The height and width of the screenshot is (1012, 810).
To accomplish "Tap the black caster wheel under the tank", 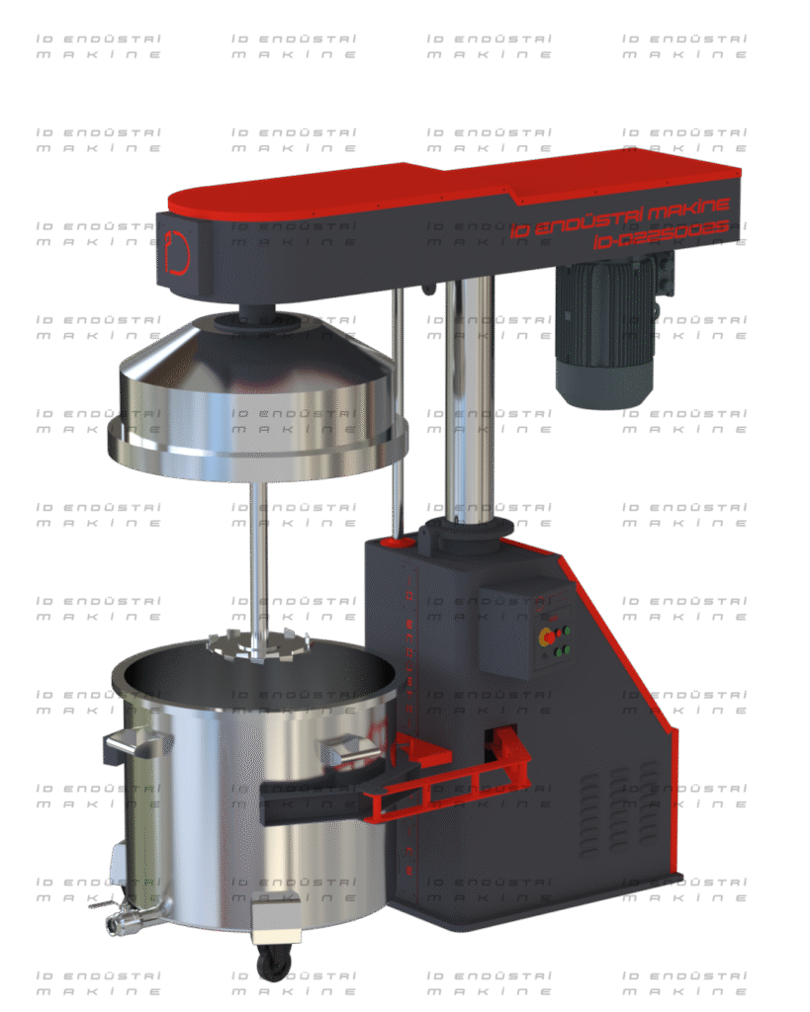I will tap(272, 965).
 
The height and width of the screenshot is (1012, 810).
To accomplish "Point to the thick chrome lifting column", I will tap(469, 395).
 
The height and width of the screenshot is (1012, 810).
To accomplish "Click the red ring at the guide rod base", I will tap(400, 542).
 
